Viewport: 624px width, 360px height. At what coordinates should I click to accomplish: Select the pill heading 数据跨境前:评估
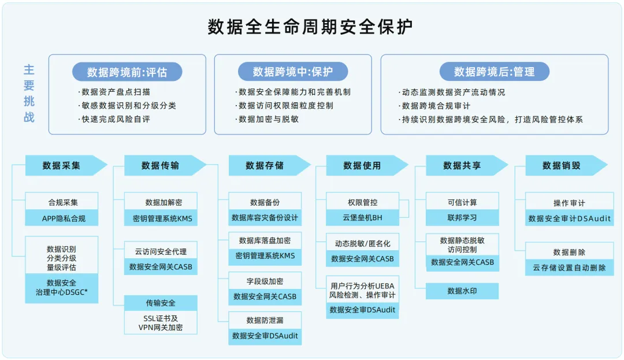point(127,72)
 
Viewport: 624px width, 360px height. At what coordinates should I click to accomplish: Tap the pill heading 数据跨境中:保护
point(293,72)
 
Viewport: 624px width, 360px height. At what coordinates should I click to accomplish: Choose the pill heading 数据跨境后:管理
point(494,72)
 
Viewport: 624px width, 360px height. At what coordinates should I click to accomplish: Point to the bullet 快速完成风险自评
point(116,119)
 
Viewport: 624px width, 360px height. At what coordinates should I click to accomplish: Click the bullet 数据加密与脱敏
point(269,119)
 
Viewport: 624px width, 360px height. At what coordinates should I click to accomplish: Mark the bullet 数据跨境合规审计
point(436,106)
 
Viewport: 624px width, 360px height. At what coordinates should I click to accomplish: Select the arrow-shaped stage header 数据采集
point(62,165)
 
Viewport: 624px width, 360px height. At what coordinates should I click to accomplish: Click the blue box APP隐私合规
point(62,218)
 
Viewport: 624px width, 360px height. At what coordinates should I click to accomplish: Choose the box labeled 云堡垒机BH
point(362,218)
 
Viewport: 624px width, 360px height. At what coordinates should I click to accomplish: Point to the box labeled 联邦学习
point(462,218)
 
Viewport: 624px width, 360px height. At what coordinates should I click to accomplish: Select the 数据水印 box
point(462,291)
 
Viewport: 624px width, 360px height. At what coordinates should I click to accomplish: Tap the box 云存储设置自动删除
point(569,268)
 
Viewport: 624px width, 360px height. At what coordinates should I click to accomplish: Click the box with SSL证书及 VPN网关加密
point(161,322)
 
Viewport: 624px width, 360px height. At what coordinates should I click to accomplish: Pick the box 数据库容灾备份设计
point(265,218)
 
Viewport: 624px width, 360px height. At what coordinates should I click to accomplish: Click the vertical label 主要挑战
point(29,93)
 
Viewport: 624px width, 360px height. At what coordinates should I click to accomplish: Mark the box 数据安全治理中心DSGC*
point(62,288)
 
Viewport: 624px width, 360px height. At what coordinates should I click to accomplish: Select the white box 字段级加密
point(265,281)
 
